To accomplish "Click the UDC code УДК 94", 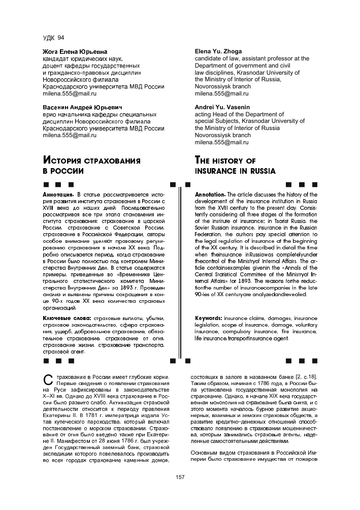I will [x=53, y=38].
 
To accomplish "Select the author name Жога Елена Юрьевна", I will [x=75, y=52].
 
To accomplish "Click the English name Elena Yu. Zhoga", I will [x=218, y=51].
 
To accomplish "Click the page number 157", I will [x=180, y=477].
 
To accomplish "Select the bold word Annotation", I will [x=210, y=195].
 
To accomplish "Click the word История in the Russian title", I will [x=64, y=161].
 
